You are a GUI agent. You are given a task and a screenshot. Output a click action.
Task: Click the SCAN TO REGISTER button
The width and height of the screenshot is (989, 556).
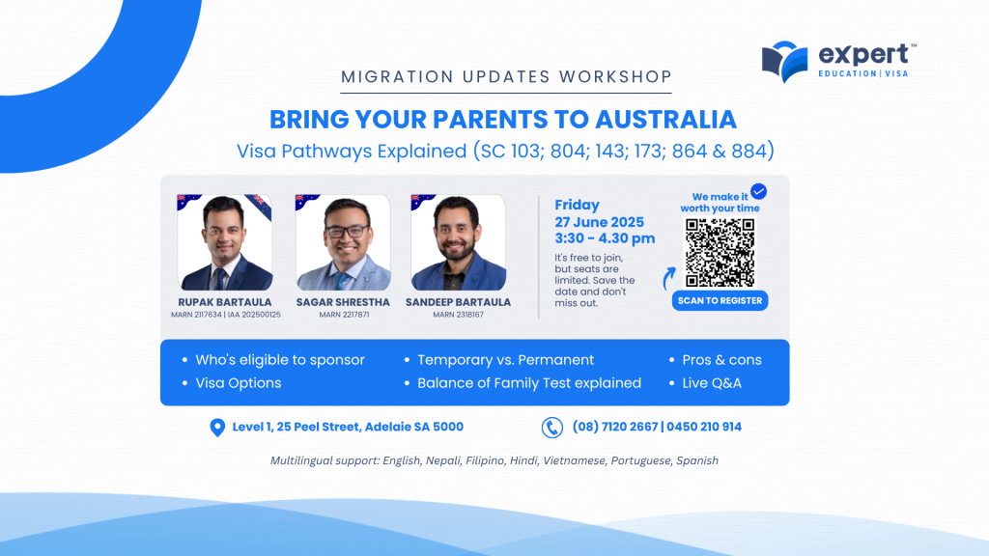[720, 301]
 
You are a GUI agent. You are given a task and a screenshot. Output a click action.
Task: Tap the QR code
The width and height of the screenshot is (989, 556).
[720, 252]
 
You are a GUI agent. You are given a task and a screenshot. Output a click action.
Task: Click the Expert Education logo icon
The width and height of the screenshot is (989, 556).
[784, 62]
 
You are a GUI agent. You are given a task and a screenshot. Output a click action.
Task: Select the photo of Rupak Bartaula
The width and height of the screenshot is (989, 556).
[224, 242]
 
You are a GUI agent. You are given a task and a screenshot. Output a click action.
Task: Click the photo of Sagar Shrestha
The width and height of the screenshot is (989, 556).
[343, 242]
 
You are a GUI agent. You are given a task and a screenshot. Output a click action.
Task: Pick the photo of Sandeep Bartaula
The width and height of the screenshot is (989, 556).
[458, 242]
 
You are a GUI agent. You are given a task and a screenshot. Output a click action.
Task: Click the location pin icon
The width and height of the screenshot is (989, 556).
[217, 428]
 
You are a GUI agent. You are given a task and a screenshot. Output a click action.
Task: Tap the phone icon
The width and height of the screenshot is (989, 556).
[551, 428]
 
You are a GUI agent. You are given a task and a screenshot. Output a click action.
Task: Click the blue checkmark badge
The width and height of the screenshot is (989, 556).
[759, 191]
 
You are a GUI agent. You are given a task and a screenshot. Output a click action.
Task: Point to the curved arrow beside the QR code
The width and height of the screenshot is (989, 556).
[668, 278]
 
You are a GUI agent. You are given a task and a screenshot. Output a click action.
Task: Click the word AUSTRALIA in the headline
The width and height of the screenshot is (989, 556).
[666, 119]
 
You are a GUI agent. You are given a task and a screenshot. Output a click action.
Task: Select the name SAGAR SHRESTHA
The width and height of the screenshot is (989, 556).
[343, 302]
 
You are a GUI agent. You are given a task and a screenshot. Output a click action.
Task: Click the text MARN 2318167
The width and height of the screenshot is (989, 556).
[458, 315]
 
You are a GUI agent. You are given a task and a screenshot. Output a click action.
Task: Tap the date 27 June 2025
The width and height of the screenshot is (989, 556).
[599, 222]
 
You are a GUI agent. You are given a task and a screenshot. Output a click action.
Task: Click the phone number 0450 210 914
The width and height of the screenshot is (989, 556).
[704, 427]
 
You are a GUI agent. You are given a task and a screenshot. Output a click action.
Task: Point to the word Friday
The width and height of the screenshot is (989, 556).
[578, 206]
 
